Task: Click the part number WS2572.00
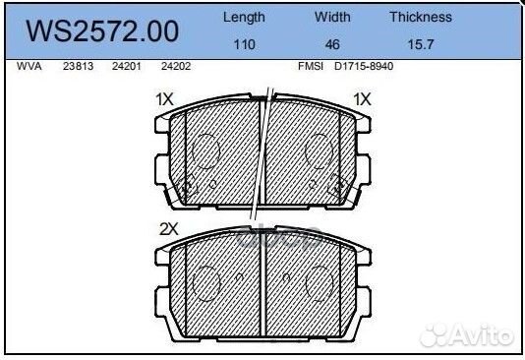coord(102,31)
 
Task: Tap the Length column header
coord(244,18)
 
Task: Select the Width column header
coord(332,17)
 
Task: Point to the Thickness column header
coord(421,17)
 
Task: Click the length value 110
coord(245,44)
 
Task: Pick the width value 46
coord(332,44)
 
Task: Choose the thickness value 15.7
coord(421,44)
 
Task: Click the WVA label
coord(29,66)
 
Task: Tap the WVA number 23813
coord(78,66)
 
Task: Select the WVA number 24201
coord(127,66)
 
